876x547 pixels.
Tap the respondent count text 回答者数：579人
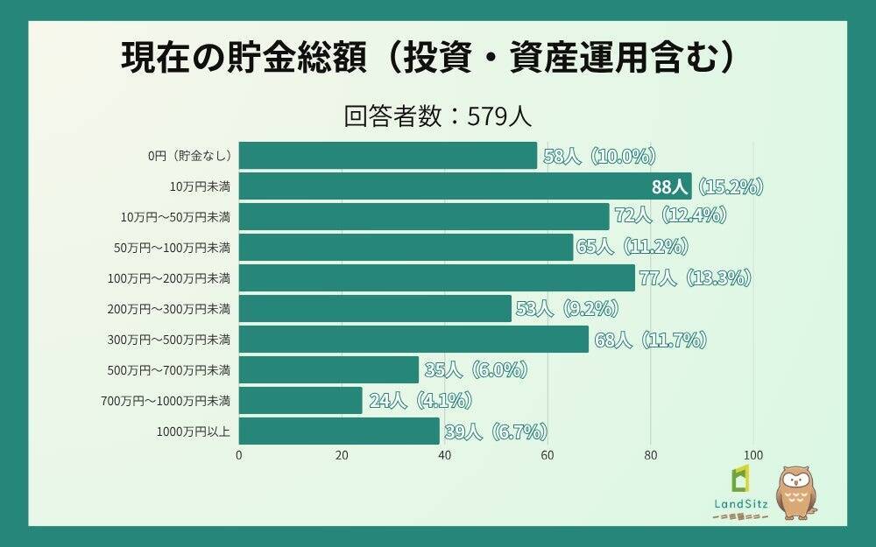pos(437,116)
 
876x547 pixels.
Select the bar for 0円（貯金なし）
pos(387,156)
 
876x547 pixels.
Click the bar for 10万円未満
pos(464,186)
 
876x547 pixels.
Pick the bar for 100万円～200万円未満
pos(436,278)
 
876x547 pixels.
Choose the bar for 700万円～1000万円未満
pos(300,401)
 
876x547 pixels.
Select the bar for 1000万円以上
pos(339,431)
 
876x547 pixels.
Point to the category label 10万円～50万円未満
pos(175,217)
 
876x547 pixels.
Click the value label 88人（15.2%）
pos(708,186)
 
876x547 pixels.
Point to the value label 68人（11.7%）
pos(650,340)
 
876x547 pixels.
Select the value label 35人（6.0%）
pos(476,370)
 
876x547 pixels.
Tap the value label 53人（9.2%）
pos(567,309)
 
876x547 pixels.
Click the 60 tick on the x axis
pos(547,455)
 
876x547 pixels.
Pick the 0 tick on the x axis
pos(239,455)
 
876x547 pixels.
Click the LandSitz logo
pos(741,494)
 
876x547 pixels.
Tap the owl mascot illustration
pos(795,492)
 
